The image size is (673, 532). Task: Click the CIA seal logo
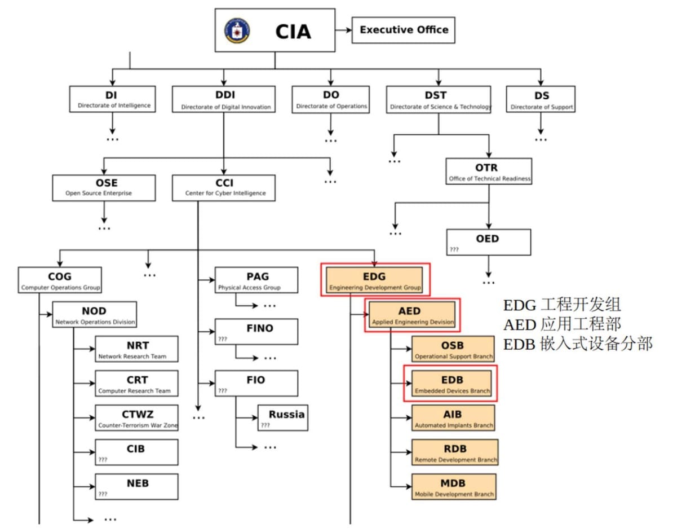237,30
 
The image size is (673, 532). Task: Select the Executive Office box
404,30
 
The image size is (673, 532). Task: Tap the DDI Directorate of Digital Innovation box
224,99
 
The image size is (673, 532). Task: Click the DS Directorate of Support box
541,99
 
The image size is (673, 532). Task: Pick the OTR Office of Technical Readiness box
489,172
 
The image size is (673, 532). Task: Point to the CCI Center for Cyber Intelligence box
224,188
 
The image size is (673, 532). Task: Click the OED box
489,241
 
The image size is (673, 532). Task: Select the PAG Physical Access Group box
256,280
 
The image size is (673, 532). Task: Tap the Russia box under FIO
283,418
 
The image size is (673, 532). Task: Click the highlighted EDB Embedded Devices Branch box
451,383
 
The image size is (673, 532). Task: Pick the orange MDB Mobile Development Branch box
454,487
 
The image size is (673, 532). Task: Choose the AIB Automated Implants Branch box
453,418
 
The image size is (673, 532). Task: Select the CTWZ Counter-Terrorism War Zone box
137,418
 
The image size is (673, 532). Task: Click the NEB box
137,487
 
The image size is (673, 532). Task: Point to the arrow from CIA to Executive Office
343,30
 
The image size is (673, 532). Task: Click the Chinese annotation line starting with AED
562,324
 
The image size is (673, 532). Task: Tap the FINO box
256,332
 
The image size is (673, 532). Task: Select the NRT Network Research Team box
137,349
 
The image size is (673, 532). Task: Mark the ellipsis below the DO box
331,139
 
